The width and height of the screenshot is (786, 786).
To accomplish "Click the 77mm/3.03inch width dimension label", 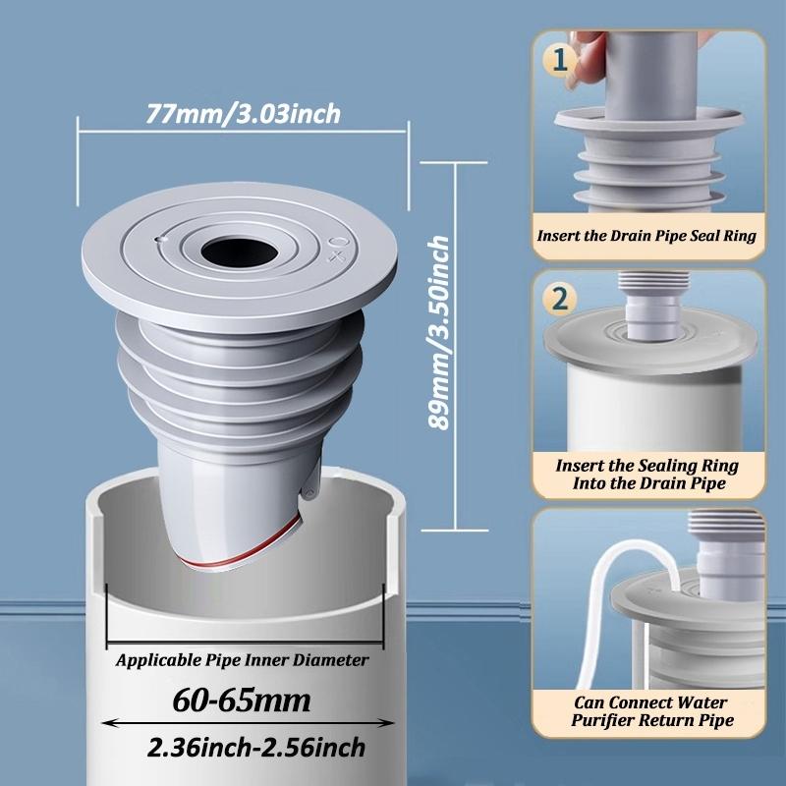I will pyautogui.click(x=243, y=114).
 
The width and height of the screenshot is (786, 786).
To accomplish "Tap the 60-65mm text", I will pyautogui.click(x=242, y=702).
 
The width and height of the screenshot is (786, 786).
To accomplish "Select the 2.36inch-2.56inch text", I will pyautogui.click(x=256, y=748).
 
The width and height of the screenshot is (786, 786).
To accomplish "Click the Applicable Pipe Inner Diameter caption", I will pyautogui.click(x=243, y=661).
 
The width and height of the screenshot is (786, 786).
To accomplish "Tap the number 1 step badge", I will pyautogui.click(x=559, y=61).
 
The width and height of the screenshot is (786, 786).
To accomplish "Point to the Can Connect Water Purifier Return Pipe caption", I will pyautogui.click(x=647, y=712).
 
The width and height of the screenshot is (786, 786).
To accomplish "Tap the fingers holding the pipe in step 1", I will pyautogui.click(x=589, y=59).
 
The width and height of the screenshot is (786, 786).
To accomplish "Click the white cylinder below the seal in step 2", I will pyautogui.click(x=648, y=413).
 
